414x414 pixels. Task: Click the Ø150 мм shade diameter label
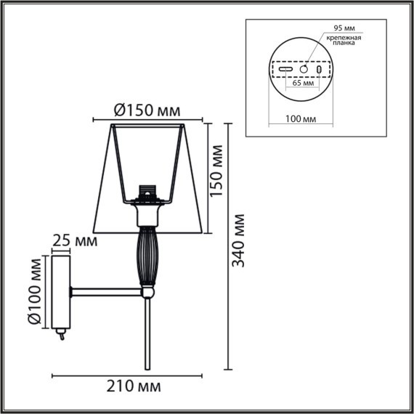click(147, 110)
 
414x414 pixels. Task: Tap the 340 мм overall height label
click(240, 240)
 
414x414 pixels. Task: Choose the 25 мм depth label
click(76, 240)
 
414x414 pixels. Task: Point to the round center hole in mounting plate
click(304, 68)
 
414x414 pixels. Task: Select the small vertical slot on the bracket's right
click(320, 68)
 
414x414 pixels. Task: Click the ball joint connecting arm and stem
click(147, 291)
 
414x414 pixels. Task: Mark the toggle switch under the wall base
click(61, 336)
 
